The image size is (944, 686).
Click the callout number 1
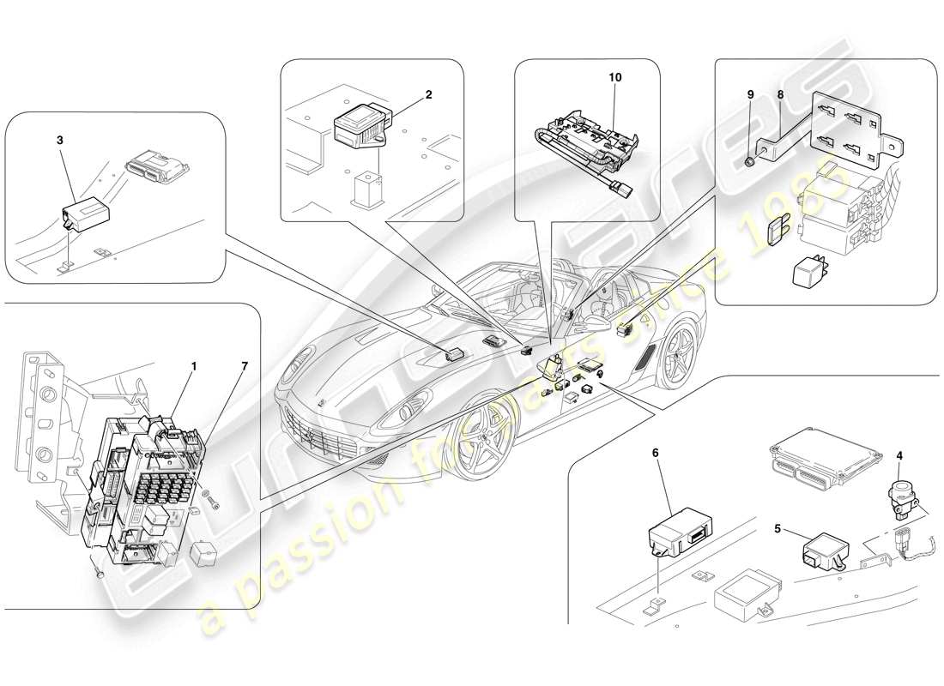tap(194, 366)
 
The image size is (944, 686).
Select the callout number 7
tap(244, 366)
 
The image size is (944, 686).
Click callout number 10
tap(615, 77)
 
